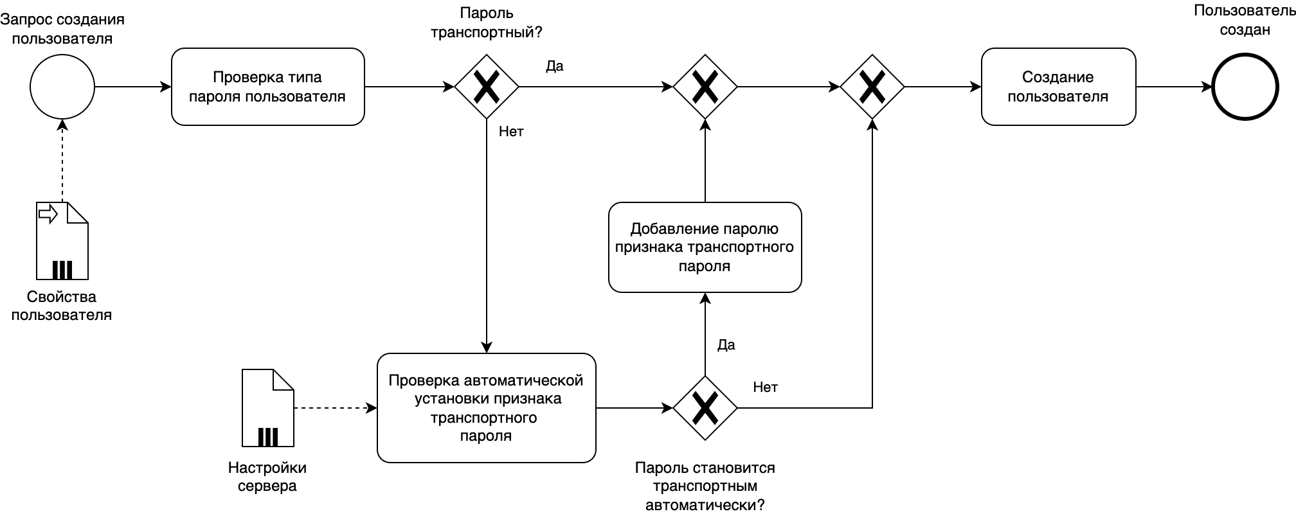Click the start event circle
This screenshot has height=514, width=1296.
pyautogui.click(x=62, y=87)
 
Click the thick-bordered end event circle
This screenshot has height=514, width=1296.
pyautogui.click(x=1245, y=87)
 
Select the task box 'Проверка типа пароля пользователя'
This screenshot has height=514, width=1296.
pyautogui.click(x=268, y=87)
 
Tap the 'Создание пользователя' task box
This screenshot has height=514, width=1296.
pyautogui.click(x=1058, y=87)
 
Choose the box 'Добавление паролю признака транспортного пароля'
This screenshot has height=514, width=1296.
pyautogui.click(x=705, y=247)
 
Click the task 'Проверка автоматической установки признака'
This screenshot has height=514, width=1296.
pyautogui.click(x=486, y=408)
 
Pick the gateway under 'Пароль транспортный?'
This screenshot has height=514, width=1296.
pyautogui.click(x=487, y=87)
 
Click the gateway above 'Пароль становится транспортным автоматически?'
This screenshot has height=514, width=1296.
pyautogui.click(x=705, y=408)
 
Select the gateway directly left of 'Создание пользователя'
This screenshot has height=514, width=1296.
pyautogui.click(x=872, y=87)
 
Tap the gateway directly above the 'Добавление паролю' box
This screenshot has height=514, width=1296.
pyautogui.click(x=705, y=87)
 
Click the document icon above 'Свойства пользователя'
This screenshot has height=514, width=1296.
pyautogui.click(x=62, y=241)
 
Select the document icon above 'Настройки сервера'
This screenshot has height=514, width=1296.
pyautogui.click(x=268, y=408)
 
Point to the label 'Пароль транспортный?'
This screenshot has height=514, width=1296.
pyautogui.click(x=487, y=22)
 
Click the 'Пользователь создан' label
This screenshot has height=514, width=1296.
pyautogui.click(x=1245, y=20)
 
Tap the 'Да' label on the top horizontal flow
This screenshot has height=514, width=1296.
pyautogui.click(x=555, y=66)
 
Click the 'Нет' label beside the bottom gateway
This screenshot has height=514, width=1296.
pyautogui.click(x=765, y=387)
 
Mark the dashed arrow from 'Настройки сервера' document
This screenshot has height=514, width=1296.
pyautogui.click(x=334, y=408)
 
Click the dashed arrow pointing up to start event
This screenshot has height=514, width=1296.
pyautogui.click(x=62, y=161)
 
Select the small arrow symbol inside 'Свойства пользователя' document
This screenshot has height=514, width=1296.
pyautogui.click(x=48, y=214)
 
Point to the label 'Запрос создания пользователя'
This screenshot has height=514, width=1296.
pyautogui.click(x=62, y=29)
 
